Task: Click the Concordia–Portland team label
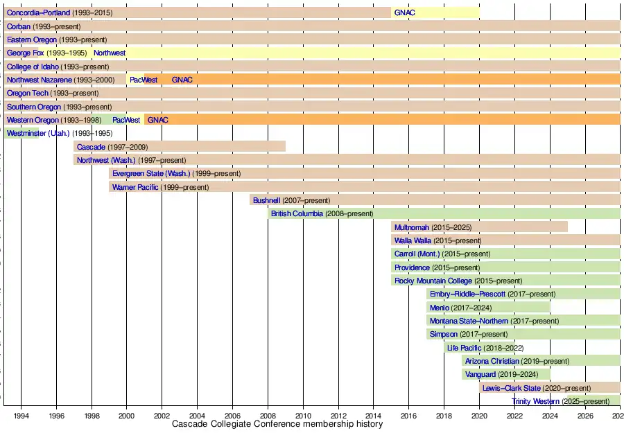(x=38, y=12)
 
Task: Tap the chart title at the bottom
(x=277, y=424)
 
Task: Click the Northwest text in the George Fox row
(x=110, y=53)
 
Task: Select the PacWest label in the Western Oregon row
(x=126, y=120)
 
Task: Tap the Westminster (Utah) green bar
(x=21, y=133)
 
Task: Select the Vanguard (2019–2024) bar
(x=506, y=374)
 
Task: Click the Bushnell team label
(x=266, y=200)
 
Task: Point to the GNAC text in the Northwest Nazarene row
(x=182, y=80)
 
